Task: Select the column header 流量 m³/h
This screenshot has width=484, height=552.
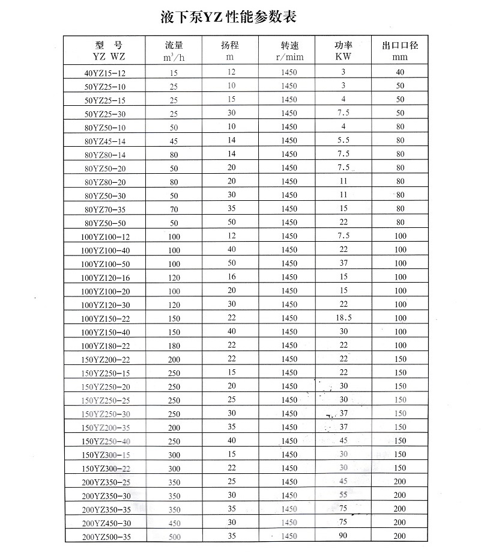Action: pos(174,51)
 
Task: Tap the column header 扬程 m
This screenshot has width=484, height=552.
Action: pos(229,51)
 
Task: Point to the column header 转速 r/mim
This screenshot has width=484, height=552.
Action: pos(289,51)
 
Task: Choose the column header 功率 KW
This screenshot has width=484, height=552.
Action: pos(343,51)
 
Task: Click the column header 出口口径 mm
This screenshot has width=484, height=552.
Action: pos(400,51)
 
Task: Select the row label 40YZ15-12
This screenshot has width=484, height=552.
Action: pos(106,73)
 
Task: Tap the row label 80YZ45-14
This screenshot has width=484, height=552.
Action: pos(106,141)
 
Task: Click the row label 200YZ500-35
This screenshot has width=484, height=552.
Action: pos(106,536)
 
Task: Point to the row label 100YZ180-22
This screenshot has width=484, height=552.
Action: pos(106,346)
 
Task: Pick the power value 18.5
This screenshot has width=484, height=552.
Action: pos(343,318)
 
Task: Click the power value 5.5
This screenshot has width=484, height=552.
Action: pos(343,141)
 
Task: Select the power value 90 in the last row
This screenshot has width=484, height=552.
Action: pos(343,536)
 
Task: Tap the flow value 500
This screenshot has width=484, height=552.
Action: pos(174,536)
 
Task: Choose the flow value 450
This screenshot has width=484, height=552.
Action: pos(174,523)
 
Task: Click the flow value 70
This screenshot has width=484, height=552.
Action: pos(174,209)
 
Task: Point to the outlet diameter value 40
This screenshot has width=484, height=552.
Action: pos(400,73)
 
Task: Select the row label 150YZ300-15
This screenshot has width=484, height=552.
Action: pos(106,455)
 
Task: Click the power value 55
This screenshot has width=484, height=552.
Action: pos(343,495)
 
